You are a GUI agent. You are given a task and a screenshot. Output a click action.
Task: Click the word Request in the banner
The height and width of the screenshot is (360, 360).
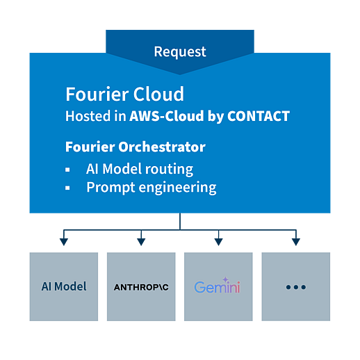180,51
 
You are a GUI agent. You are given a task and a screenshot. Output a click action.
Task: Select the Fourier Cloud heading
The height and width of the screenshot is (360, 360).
124,94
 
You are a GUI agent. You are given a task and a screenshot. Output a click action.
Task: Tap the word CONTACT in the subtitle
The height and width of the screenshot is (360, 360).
259,116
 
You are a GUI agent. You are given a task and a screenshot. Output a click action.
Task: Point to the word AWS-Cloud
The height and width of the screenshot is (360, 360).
167,116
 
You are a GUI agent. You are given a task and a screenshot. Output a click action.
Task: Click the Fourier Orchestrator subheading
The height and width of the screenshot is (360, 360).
136,147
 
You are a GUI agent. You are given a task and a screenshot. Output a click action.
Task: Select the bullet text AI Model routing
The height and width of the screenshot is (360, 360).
140,169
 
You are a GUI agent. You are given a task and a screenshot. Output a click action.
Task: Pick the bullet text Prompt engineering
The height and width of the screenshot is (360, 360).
152,188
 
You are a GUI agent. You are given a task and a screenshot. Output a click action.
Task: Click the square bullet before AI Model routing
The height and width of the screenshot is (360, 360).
67,170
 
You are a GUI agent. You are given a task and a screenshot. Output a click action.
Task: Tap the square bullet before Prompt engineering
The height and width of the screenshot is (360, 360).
67,188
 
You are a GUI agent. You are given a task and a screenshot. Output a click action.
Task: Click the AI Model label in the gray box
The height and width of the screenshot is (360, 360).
64,286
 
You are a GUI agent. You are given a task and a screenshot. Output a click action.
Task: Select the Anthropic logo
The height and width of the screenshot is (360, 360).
141,287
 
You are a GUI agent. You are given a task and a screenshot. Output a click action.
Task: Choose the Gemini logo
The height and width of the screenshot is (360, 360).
217,286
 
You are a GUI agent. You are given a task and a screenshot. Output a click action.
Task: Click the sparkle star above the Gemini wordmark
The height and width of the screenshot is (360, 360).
225,279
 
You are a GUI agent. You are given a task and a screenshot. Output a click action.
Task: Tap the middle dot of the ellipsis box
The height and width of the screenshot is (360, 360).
296,287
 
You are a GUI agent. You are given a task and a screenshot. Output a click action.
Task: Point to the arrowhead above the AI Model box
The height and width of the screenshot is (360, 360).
64,242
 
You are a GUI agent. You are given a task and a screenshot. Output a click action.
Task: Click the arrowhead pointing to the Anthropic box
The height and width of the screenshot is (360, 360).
141,242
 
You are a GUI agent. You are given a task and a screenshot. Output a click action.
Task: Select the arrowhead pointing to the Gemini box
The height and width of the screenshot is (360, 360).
218,242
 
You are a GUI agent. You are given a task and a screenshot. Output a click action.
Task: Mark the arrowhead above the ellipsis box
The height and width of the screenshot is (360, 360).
296,242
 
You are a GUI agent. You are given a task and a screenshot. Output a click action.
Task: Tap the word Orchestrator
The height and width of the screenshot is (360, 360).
162,147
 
